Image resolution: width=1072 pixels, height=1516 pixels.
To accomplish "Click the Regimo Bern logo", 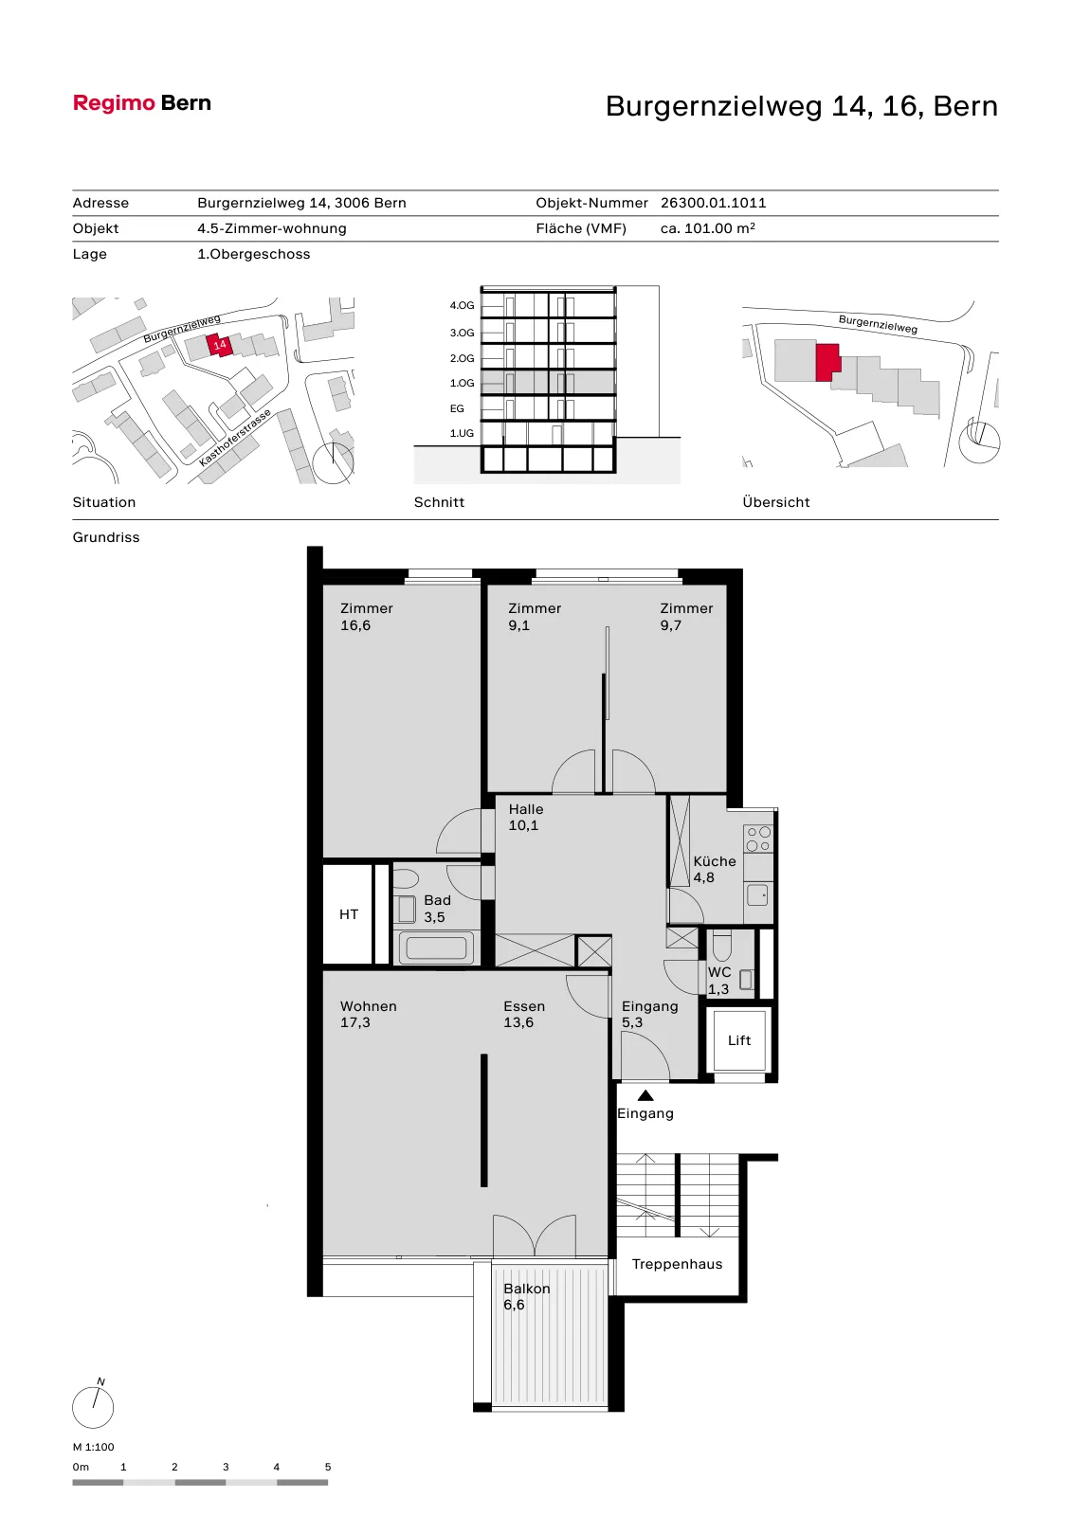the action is point(141,103).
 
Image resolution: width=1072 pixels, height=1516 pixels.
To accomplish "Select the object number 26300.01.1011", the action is point(713,203).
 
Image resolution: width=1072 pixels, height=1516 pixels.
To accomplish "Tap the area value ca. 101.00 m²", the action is point(708,228).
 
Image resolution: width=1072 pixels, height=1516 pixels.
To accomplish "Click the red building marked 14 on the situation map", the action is point(219,345).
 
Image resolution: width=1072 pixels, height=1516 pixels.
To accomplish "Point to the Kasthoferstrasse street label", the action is point(235,438).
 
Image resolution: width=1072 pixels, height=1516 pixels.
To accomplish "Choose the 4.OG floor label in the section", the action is point(462,305).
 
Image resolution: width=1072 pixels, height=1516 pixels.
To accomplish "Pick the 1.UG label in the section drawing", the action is point(462,433).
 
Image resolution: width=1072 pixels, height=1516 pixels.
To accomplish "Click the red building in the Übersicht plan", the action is point(827,362).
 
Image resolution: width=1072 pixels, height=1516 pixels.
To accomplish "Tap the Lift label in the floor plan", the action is point(738,1040).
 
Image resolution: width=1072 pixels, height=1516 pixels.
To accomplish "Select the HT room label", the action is point(349,914).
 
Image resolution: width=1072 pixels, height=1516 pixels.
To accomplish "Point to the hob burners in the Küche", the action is point(758,839).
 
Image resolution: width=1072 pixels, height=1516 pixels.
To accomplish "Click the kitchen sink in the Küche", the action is point(757,894).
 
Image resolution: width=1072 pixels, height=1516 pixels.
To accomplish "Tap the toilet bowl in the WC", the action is point(721,946).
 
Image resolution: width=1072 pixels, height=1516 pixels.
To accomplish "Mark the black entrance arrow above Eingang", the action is point(645,1095).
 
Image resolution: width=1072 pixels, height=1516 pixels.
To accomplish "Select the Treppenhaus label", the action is point(677,1264).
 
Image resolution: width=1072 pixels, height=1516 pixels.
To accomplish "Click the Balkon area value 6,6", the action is point(514,1305).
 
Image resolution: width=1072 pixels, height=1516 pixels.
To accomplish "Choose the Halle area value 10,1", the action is point(523,825).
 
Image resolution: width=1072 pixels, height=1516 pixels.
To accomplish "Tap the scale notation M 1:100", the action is point(94,1447).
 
